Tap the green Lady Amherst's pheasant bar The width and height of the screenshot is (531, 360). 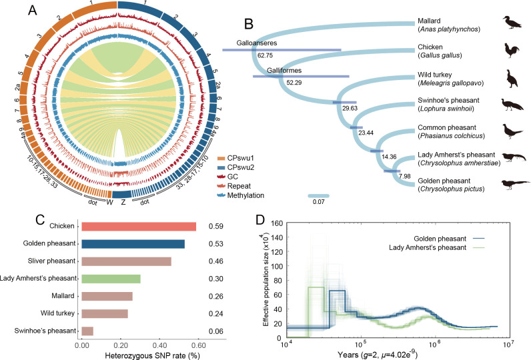click(x=111, y=279)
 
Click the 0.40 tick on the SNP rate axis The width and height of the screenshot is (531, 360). click(x=159, y=346)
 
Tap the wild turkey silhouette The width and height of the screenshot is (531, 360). click(x=511, y=78)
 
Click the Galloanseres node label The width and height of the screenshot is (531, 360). click(x=257, y=42)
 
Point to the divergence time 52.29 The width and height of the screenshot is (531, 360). click(x=294, y=82)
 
